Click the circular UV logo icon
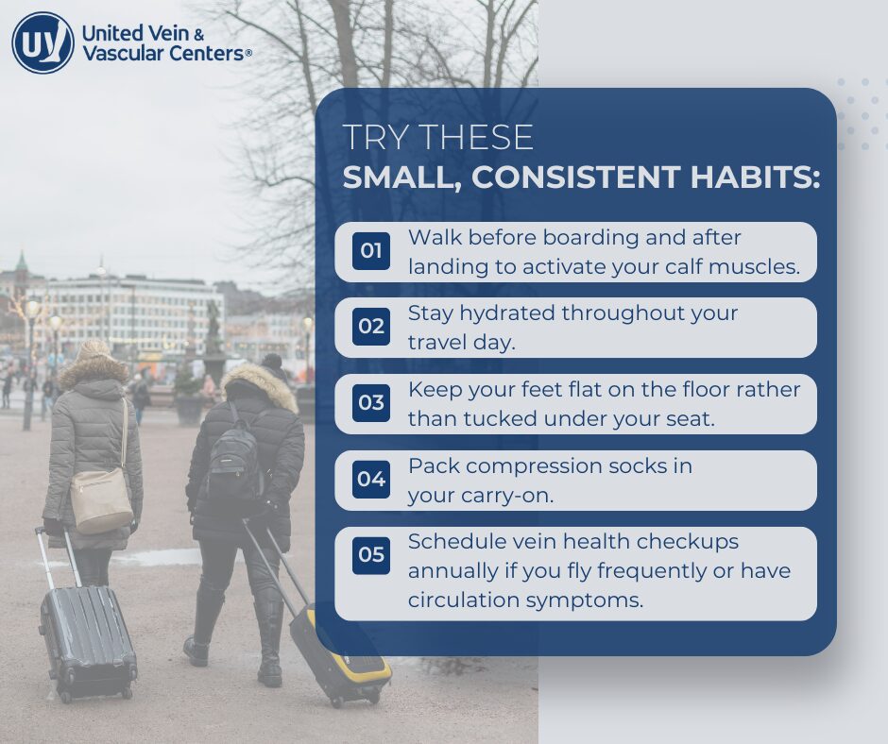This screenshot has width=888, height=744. coord(43,42)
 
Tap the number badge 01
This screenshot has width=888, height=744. coord(371,251)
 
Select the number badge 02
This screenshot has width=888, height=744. coord(371,328)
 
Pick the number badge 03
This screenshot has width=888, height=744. coord(371,403)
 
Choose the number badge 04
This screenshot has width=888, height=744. coord(371,480)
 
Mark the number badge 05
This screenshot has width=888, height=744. coord(371,554)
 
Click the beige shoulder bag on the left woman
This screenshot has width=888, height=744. coord(101,497)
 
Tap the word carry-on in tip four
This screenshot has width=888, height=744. coord(522,495)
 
